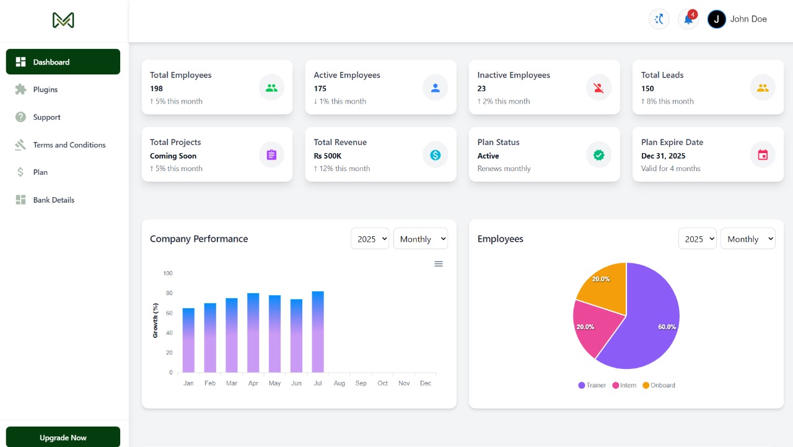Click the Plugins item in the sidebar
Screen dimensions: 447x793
point(45,89)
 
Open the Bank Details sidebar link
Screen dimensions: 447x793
point(53,200)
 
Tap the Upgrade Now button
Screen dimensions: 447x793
point(63,437)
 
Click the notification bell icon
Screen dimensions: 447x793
point(688,19)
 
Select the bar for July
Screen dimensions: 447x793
point(318,332)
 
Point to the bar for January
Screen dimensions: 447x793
point(188,340)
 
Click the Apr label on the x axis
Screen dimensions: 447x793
point(253,383)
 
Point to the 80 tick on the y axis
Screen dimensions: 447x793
point(168,293)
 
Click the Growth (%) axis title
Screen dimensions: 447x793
point(156,320)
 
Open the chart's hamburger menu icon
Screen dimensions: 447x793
point(439,264)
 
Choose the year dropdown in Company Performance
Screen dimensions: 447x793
point(370,239)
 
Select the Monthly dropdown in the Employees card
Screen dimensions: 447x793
point(748,239)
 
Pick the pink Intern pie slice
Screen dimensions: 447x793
point(592,325)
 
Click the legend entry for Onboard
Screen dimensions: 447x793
point(659,386)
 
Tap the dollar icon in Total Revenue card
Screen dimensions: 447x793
point(435,155)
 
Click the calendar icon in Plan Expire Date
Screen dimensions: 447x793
point(763,155)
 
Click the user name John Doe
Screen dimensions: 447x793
point(748,19)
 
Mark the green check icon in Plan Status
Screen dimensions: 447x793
point(598,155)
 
